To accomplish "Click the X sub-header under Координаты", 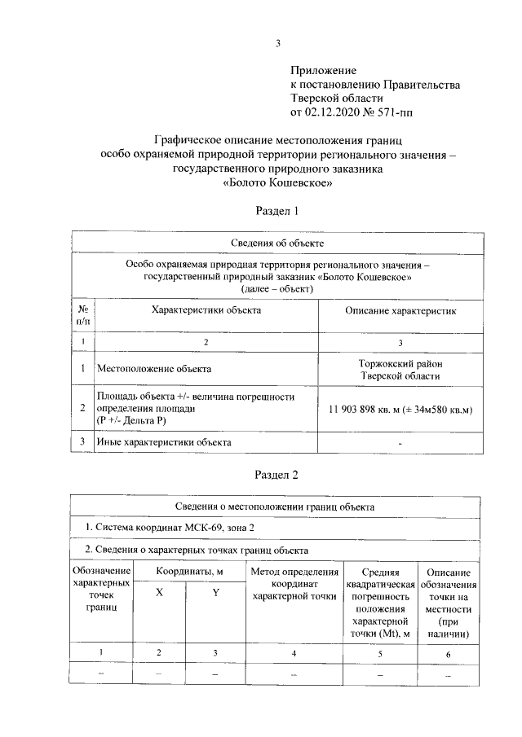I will [x=159, y=593].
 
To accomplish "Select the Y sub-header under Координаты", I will [x=215, y=593].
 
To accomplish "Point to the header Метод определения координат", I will [x=294, y=584].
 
